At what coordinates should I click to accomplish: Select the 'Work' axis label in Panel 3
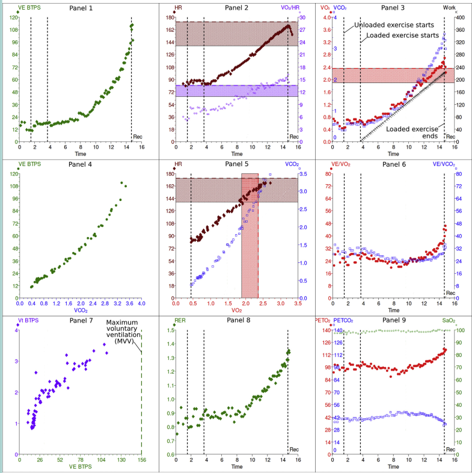449,7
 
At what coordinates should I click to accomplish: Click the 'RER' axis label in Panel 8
180,321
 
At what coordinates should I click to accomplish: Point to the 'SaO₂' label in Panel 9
449,321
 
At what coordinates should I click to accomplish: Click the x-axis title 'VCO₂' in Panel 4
81,311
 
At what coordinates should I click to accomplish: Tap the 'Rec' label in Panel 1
138,137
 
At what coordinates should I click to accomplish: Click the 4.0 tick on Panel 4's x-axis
141,304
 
